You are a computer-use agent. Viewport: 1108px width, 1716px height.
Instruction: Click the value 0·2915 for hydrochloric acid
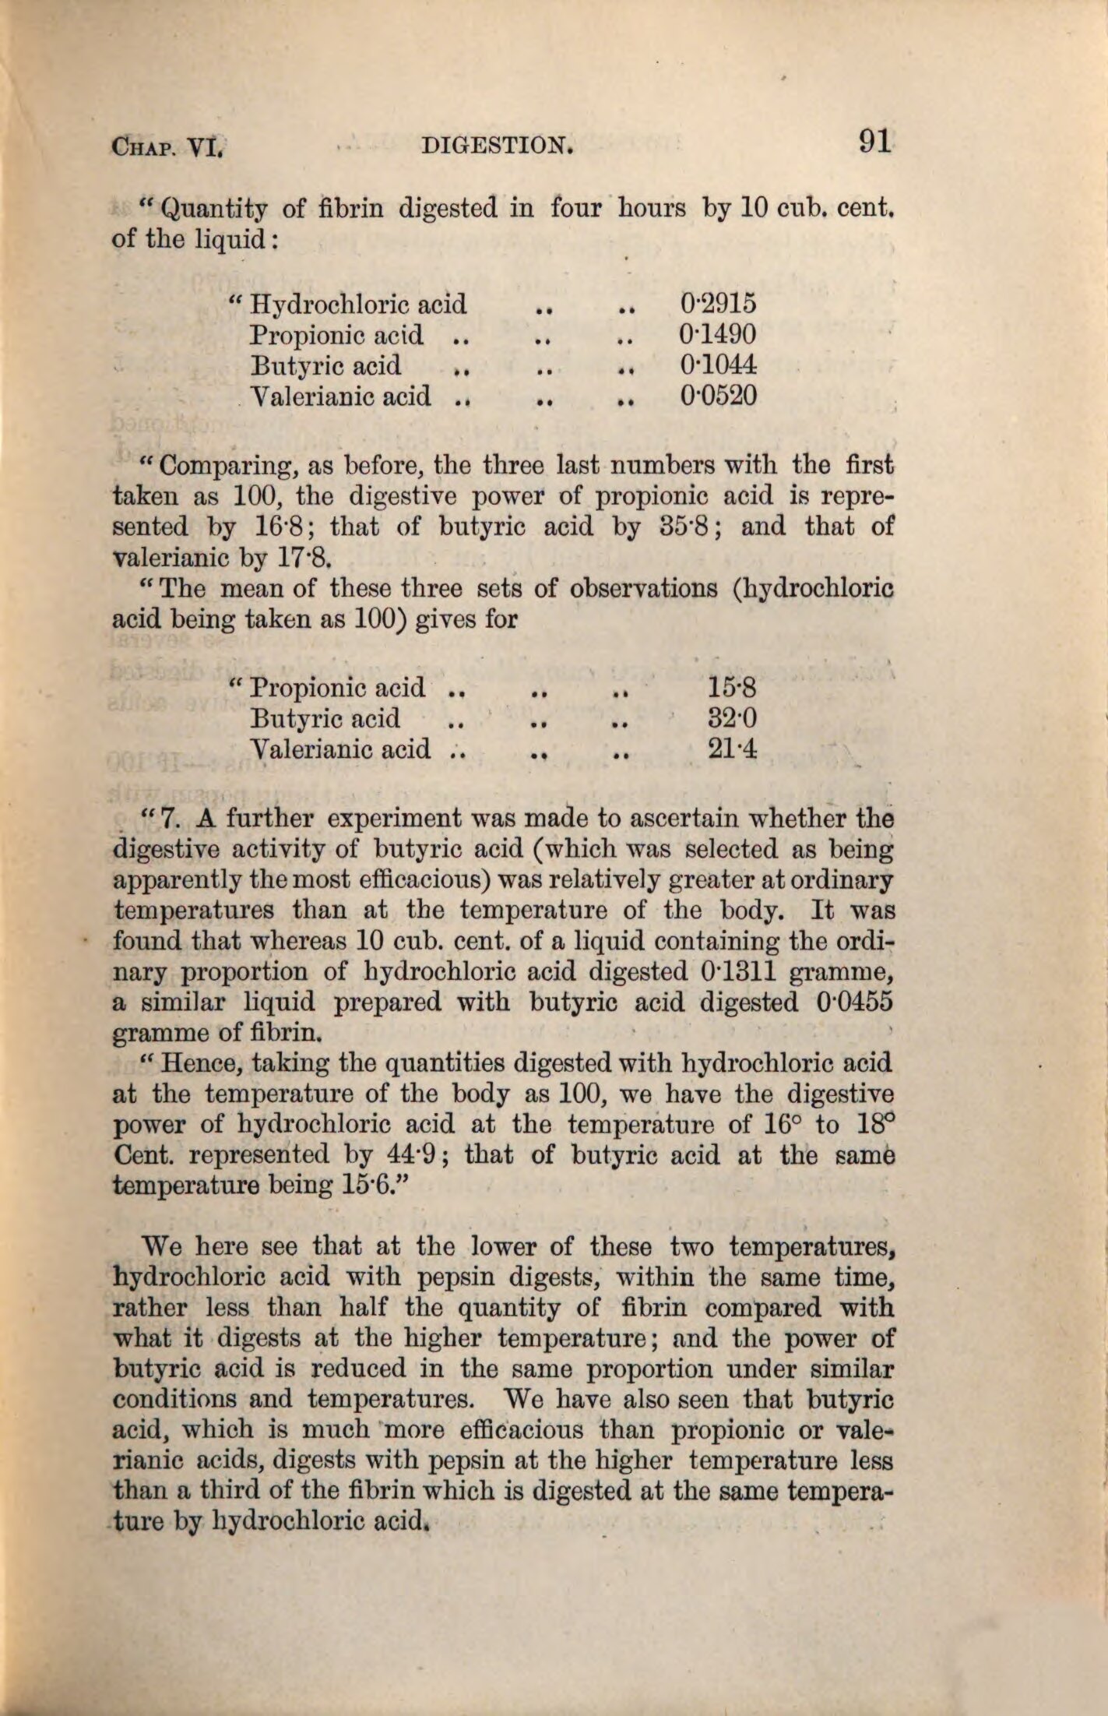[718, 304]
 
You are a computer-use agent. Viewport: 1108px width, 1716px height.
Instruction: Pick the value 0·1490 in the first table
[718, 335]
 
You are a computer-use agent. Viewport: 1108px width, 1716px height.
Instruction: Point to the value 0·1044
[718, 365]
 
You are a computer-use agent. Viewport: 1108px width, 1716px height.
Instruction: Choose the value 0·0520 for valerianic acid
[718, 396]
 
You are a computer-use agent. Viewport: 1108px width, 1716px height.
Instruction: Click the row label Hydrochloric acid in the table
[358, 304]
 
